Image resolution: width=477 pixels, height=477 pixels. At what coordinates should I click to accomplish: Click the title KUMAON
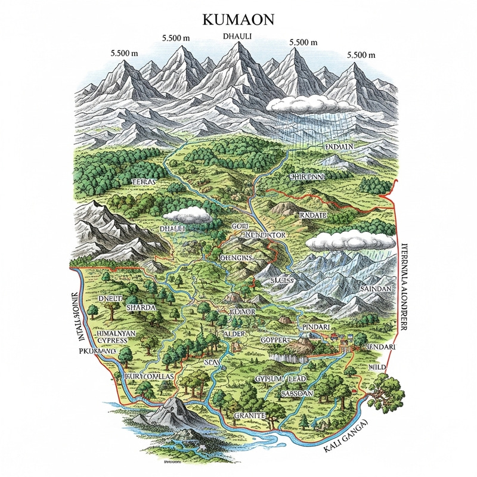point(238,18)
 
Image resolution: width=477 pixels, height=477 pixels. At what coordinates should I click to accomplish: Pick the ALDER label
point(236,333)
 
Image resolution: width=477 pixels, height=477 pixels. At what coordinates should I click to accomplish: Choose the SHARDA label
point(141,307)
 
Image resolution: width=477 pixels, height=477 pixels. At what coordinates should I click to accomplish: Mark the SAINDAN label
point(374,289)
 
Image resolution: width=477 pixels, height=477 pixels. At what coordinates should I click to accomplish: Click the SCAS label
point(212,363)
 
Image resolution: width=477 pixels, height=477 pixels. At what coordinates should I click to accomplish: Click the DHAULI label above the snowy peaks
point(237,36)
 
